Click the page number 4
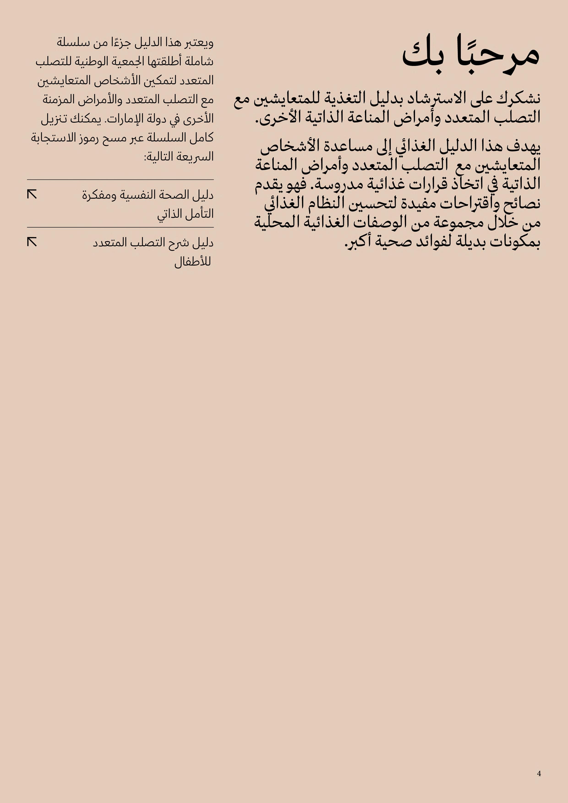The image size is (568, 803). point(539,773)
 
